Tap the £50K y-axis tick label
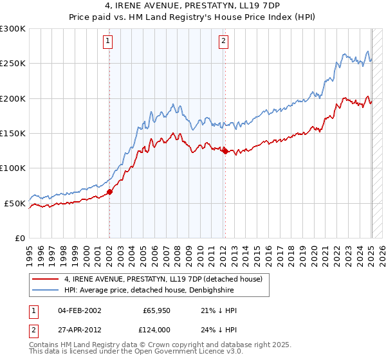click(15, 204)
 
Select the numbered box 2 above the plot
click(223, 42)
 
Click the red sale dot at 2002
click(109, 192)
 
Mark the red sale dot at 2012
click(225, 151)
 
